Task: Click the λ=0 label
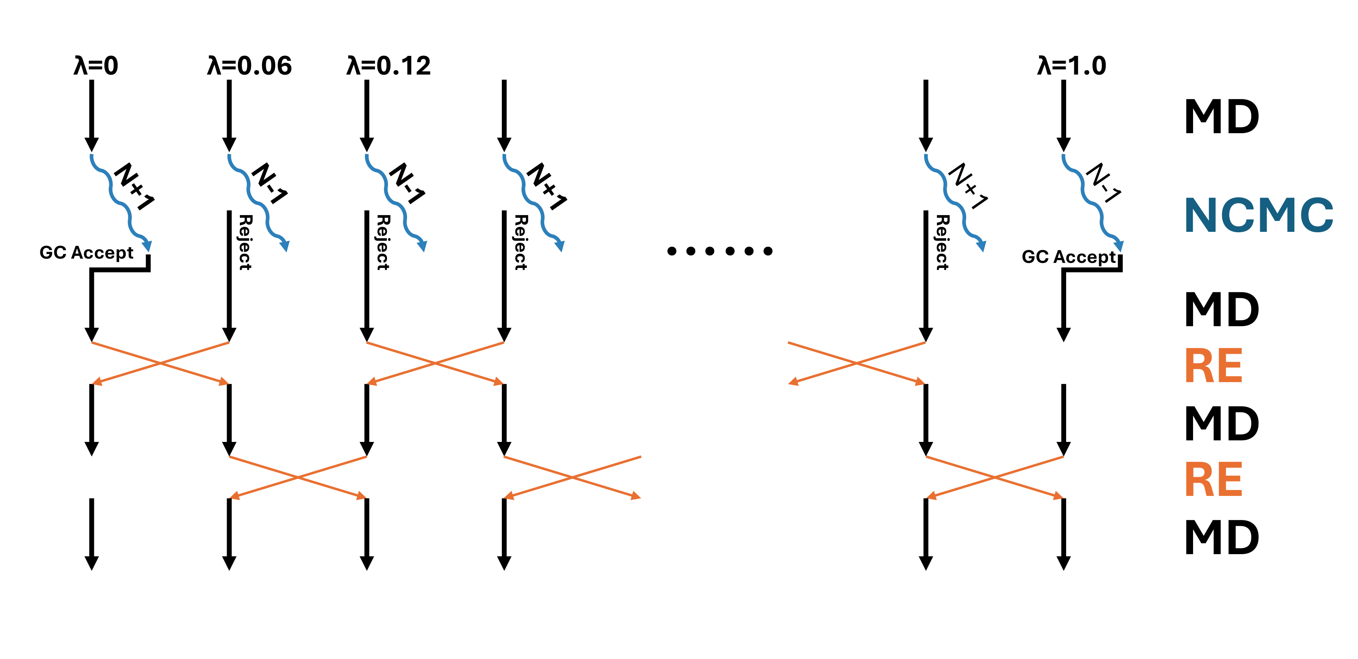(95, 66)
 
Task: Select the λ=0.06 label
(249, 66)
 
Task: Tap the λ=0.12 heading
(388, 66)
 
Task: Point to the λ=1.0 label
(1071, 66)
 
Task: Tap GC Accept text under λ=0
(87, 253)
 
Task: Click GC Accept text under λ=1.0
(1068, 257)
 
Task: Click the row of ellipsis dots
(720, 251)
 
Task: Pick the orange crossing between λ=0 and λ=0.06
(160, 363)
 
